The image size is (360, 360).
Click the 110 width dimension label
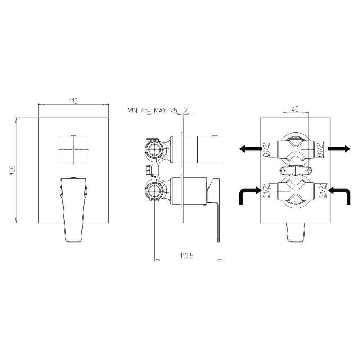pos(73,101)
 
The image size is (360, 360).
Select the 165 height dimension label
pos(13,170)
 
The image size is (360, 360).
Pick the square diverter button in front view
pos(73,149)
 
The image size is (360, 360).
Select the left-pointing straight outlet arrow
pos(249,148)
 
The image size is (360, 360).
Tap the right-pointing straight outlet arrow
pos(339,148)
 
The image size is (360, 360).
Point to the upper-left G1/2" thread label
pos(265,149)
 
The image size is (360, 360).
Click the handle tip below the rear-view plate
pos(295,232)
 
